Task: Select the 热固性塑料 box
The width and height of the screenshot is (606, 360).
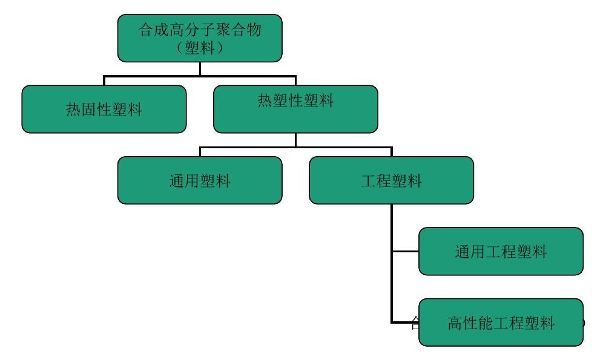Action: point(104,109)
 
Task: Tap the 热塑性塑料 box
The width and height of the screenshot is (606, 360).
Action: point(295,109)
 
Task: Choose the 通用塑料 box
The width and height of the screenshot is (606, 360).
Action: point(200,180)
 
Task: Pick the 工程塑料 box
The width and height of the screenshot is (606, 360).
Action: point(391,180)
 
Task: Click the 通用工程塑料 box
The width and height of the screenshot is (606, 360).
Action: point(501,251)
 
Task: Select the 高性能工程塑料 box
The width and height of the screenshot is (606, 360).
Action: point(501,322)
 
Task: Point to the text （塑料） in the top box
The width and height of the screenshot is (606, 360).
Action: point(200,48)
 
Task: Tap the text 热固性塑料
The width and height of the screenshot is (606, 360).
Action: point(104,110)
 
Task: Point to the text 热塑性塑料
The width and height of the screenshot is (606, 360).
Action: point(295,101)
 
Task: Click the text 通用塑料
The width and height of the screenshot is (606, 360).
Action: point(200,181)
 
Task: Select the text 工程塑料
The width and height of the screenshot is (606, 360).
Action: point(391,181)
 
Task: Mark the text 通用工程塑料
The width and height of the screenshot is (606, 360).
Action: point(501,252)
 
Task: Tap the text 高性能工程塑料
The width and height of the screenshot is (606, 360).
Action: point(501,323)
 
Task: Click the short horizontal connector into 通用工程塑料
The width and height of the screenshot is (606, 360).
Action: point(405,251)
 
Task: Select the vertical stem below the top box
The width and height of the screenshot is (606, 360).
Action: point(200,68)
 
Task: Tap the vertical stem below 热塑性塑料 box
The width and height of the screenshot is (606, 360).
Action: point(295,140)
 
